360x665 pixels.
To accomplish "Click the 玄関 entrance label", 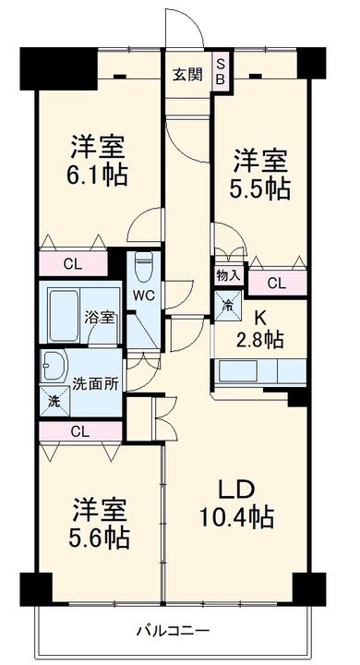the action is (187, 75).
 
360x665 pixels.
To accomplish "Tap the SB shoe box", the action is (222, 71).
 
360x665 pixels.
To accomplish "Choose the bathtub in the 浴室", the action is (63, 315).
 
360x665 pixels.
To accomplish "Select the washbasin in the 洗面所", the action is (54, 365).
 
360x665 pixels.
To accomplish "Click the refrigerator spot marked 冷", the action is (228, 306).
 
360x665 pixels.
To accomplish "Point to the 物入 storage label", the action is (229, 276).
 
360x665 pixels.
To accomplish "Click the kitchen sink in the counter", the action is (238, 372).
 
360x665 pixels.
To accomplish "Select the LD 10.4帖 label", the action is (236, 503).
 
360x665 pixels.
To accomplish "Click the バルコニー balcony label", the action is (173, 631).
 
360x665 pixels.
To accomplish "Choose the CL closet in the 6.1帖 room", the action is (73, 263).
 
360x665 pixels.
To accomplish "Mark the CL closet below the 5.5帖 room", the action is (277, 283).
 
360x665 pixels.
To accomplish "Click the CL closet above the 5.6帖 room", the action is (80, 432).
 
